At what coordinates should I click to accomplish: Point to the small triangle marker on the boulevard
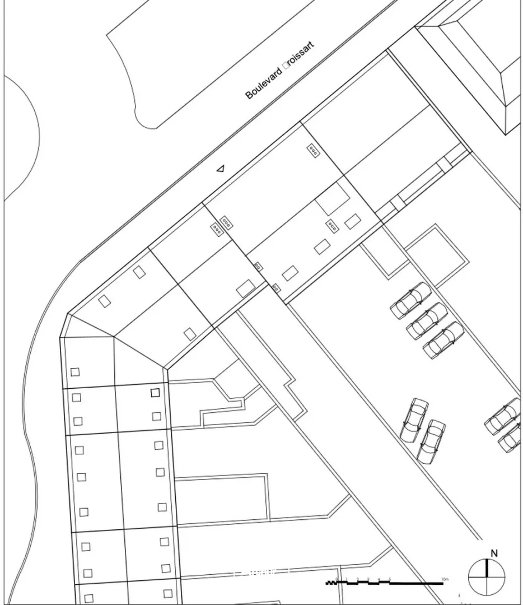(x=221, y=167)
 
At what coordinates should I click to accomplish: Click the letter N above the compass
(x=494, y=553)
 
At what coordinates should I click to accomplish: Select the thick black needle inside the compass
(x=487, y=569)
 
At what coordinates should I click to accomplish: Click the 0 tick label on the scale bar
(x=337, y=578)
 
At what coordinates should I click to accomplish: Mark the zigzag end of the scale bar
(x=330, y=583)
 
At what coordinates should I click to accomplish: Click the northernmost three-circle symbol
(x=314, y=150)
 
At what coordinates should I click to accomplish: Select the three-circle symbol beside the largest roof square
(x=333, y=226)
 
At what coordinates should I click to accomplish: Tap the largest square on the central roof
(x=334, y=199)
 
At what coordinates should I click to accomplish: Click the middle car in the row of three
(x=427, y=321)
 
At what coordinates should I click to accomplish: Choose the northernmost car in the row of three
(x=411, y=301)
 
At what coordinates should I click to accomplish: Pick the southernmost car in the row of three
(x=443, y=340)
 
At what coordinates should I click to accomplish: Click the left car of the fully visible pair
(x=414, y=419)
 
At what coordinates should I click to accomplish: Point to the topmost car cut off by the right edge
(x=503, y=416)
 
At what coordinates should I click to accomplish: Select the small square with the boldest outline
(x=155, y=393)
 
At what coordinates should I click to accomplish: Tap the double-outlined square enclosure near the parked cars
(x=436, y=251)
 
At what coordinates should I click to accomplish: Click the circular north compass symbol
(x=487, y=578)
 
